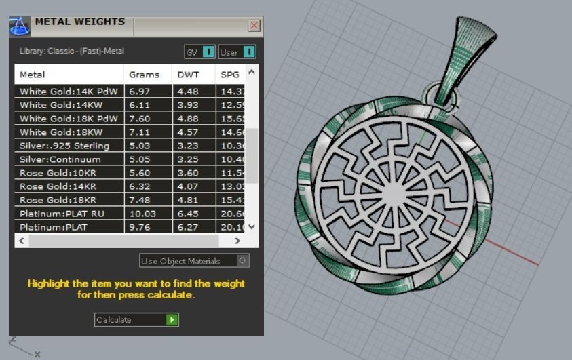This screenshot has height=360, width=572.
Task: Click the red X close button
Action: click(254, 26)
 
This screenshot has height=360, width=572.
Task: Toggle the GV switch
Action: click(208, 52)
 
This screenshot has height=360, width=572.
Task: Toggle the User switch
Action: click(248, 52)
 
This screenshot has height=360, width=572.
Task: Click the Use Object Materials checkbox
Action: click(243, 260)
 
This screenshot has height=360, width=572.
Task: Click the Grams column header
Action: click(144, 75)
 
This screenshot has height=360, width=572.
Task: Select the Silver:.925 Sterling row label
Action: click(64, 146)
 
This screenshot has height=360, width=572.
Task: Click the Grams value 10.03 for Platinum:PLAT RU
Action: click(142, 214)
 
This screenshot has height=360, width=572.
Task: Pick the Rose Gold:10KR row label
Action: click(58, 173)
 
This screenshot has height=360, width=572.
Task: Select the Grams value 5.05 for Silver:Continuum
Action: click(140, 159)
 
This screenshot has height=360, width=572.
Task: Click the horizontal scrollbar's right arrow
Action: click(237, 241)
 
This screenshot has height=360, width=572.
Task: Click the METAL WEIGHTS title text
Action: click(80, 22)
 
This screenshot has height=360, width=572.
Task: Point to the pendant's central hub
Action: click(393, 193)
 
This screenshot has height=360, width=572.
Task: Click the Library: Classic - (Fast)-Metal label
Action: click(72, 51)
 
